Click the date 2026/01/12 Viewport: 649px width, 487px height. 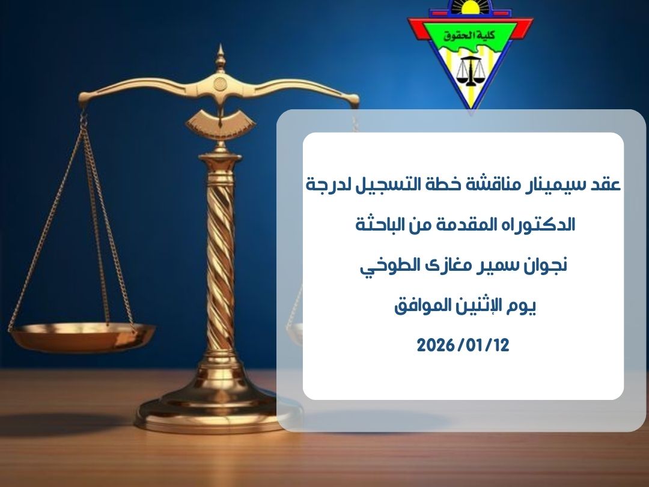coord(463,345)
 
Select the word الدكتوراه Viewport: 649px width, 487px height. coord(540,225)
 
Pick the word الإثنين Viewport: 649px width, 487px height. coord(466,306)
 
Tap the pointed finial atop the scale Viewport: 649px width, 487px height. coord(221,57)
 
